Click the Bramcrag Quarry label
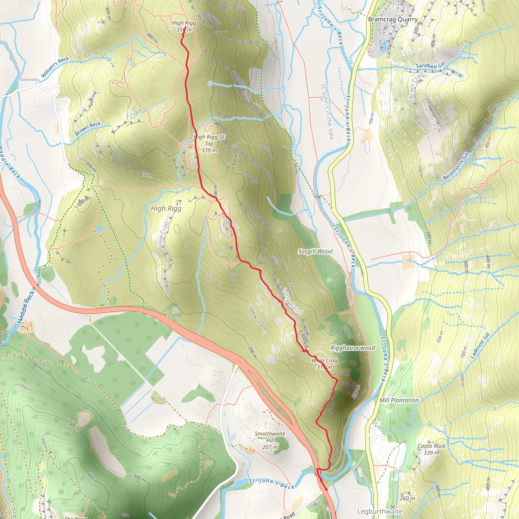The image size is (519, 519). tap(393, 19)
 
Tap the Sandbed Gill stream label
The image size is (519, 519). tap(430, 66)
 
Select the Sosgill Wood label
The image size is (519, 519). tap(315, 251)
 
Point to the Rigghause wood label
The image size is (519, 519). tap(353, 348)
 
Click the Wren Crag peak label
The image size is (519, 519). tap(325, 364)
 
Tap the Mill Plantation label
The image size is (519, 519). tap(399, 400)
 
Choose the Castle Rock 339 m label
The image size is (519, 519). tap(431, 449)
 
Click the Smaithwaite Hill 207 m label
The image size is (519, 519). tap(270, 440)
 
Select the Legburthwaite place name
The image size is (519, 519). tap(380, 511)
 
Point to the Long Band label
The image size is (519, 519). tap(292, 301)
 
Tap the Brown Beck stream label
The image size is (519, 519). tap(88, 128)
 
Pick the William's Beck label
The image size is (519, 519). tap(55, 67)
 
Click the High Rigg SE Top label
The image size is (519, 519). tap(209, 143)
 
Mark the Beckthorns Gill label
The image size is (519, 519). tap(456, 166)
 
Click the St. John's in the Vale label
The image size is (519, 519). tap(327, 112)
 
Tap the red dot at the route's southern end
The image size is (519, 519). tap(326, 489)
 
